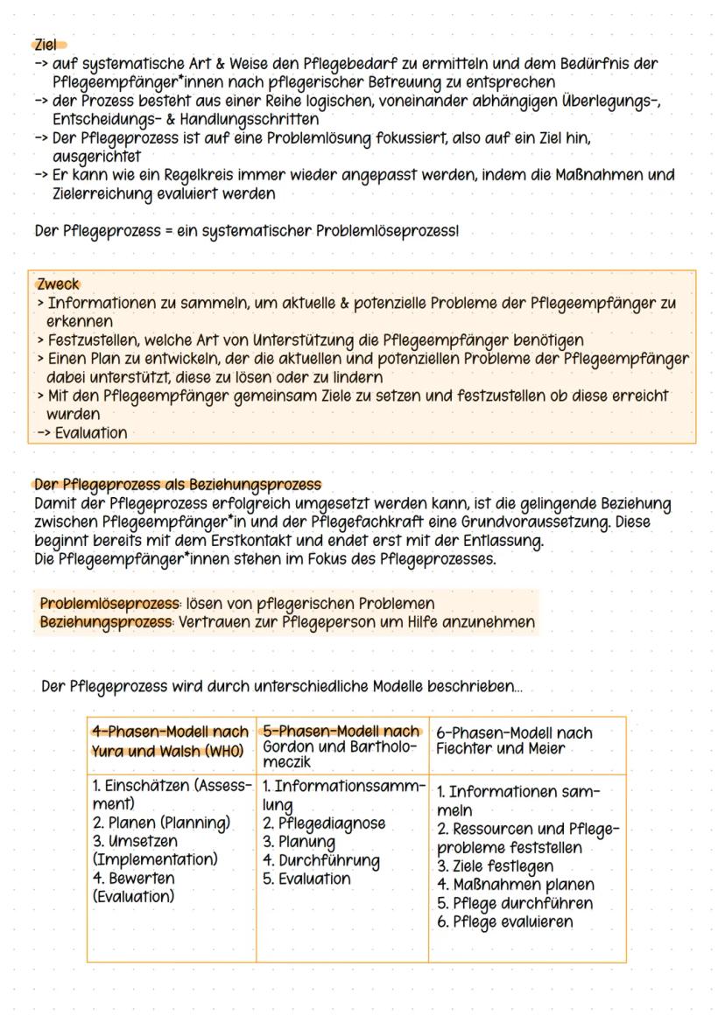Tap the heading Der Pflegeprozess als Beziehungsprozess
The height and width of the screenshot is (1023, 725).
tap(177, 484)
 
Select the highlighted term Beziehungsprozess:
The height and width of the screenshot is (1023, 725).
tap(107, 622)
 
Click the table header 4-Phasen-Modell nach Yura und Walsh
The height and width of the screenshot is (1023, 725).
tap(170, 740)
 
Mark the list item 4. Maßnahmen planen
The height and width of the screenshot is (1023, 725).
tap(514, 884)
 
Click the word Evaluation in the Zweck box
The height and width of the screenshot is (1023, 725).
tap(90, 433)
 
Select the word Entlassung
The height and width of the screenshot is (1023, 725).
tap(500, 541)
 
